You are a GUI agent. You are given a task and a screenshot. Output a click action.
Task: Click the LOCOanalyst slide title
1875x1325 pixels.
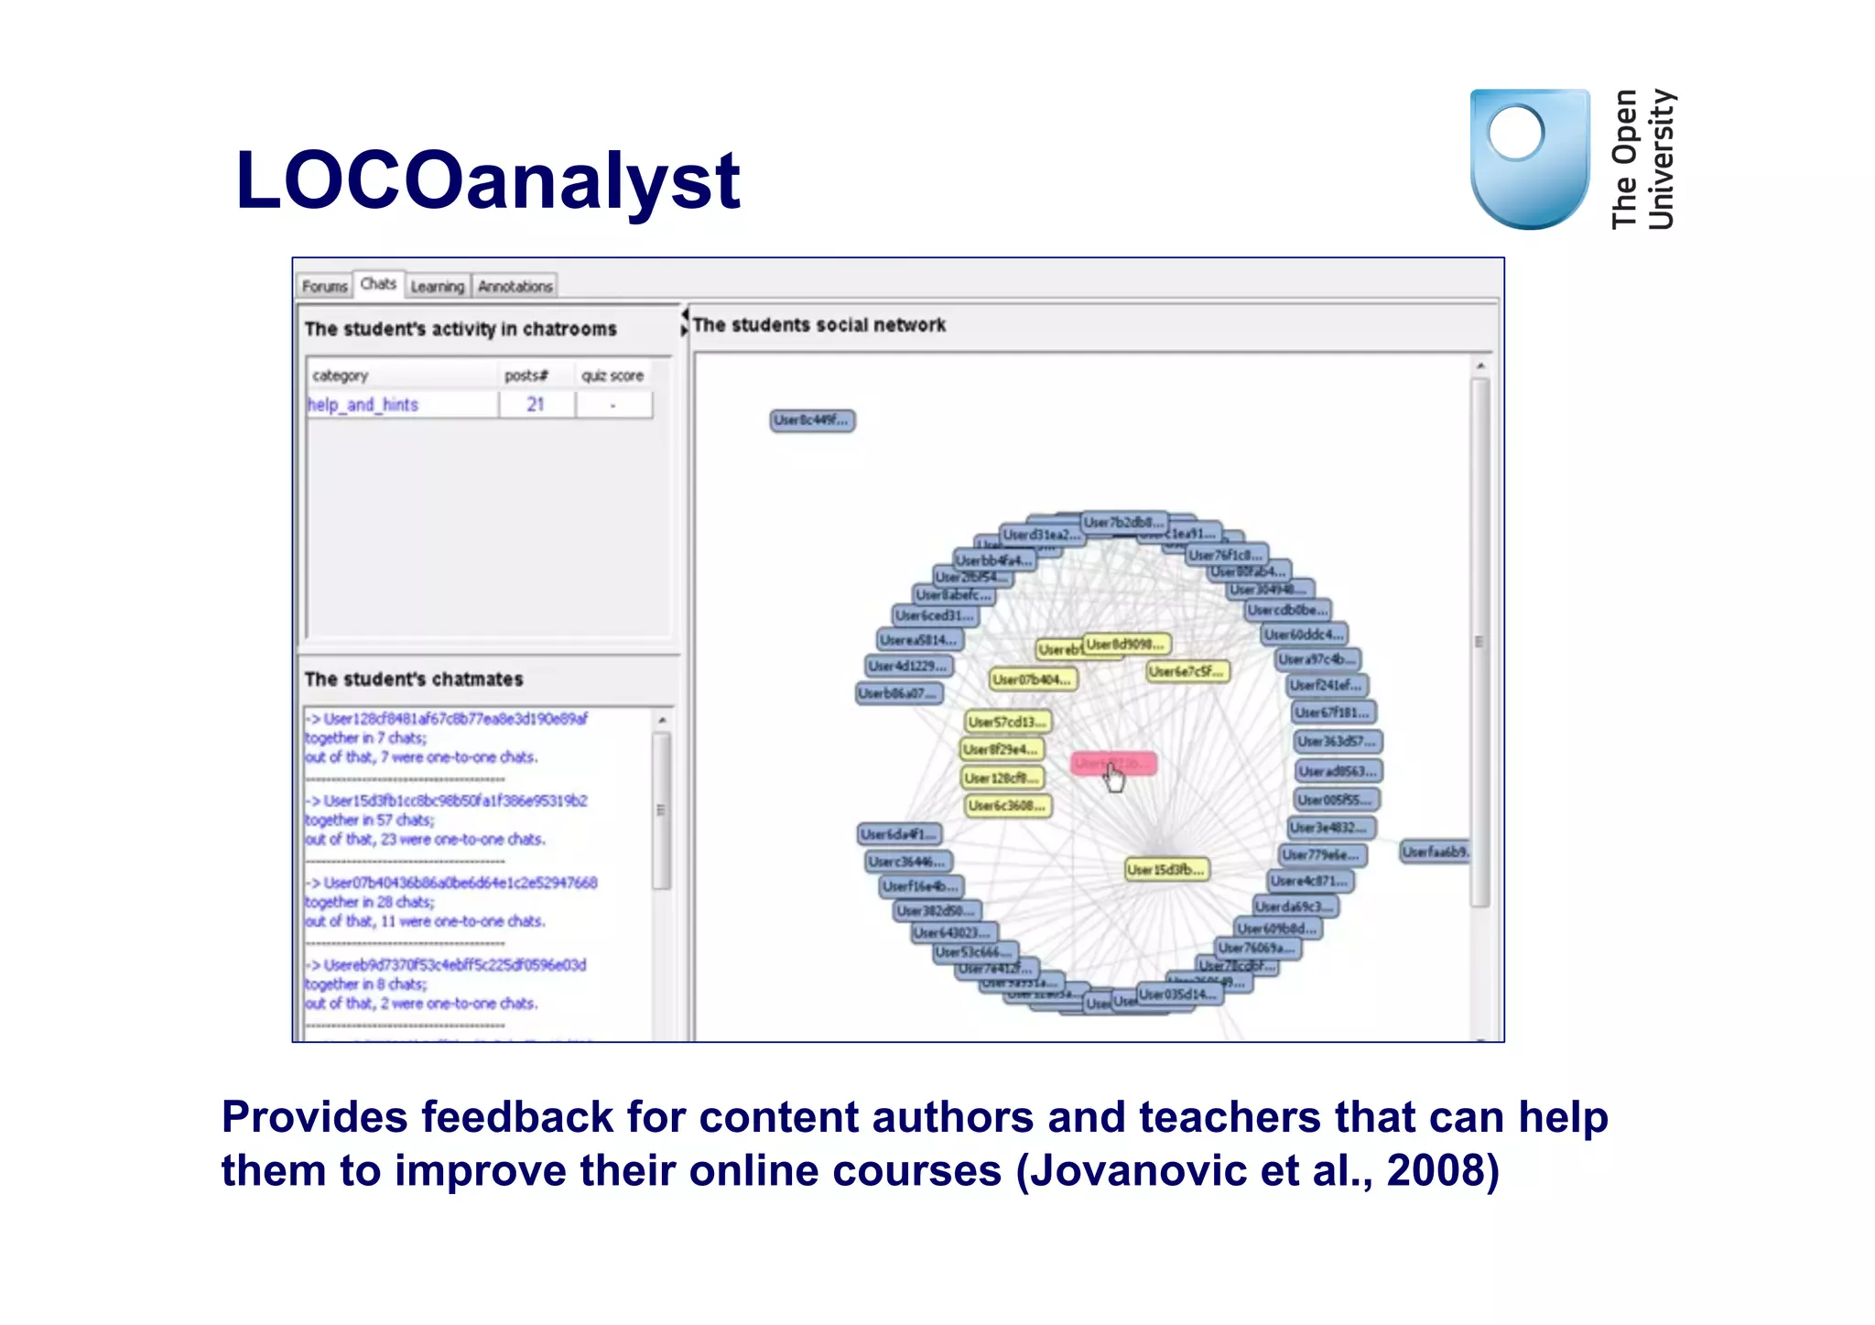[487, 180]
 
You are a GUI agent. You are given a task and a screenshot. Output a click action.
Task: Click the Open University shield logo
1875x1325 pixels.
[1529, 158]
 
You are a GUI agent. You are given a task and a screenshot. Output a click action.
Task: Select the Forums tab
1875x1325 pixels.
[325, 287]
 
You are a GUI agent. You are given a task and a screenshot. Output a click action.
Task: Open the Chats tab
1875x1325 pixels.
[378, 285]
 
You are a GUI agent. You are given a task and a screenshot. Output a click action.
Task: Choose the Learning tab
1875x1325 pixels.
[438, 287]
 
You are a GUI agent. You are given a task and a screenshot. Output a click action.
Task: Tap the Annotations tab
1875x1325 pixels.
[515, 287]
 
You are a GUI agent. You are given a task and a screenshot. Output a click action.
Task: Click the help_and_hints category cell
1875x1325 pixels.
[363, 405]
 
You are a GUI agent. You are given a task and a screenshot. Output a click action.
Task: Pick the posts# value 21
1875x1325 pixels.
[536, 405]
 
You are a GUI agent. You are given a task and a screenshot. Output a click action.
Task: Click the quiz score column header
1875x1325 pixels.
[612, 375]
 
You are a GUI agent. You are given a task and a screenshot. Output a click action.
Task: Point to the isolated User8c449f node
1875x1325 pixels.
[812, 420]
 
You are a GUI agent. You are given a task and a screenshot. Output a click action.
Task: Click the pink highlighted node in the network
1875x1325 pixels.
[1113, 763]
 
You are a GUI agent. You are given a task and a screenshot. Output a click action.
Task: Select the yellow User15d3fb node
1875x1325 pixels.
[1166, 869]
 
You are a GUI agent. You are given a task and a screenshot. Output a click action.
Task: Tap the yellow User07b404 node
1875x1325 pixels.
[1033, 679]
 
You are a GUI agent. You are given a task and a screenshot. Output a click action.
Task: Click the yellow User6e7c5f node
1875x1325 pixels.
[1187, 671]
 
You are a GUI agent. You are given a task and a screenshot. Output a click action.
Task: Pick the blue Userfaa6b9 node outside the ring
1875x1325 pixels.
[1435, 852]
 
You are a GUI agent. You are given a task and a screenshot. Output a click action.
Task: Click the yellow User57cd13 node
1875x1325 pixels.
[1007, 722]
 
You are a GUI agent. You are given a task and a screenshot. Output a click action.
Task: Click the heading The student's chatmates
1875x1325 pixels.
[414, 679]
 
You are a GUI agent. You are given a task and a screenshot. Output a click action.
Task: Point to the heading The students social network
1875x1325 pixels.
[819, 325]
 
